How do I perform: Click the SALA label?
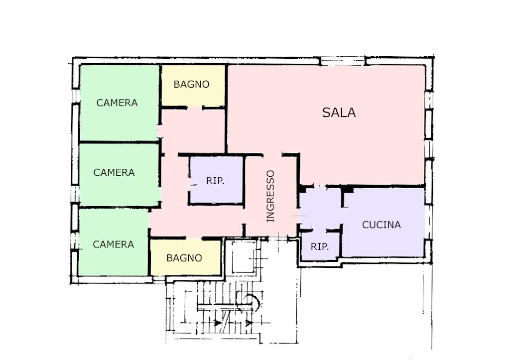pos(339,113)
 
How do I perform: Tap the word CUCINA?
pos(381,225)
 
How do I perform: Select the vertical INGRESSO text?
pos(270,196)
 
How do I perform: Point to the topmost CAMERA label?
pos(117,103)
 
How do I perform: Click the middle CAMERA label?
pos(114,172)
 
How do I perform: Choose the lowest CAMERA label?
pos(113,244)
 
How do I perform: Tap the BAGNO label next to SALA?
pos(191,84)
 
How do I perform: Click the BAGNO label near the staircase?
pos(184,258)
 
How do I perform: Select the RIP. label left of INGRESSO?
pos(215,181)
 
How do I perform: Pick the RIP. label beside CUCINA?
pos(319,246)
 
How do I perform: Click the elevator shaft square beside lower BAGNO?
pos(243,257)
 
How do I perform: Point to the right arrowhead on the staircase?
pos(249,323)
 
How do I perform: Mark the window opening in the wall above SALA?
pos(343,61)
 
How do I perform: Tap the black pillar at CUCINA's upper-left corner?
pos(348,189)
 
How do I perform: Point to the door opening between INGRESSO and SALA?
pos(272,155)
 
